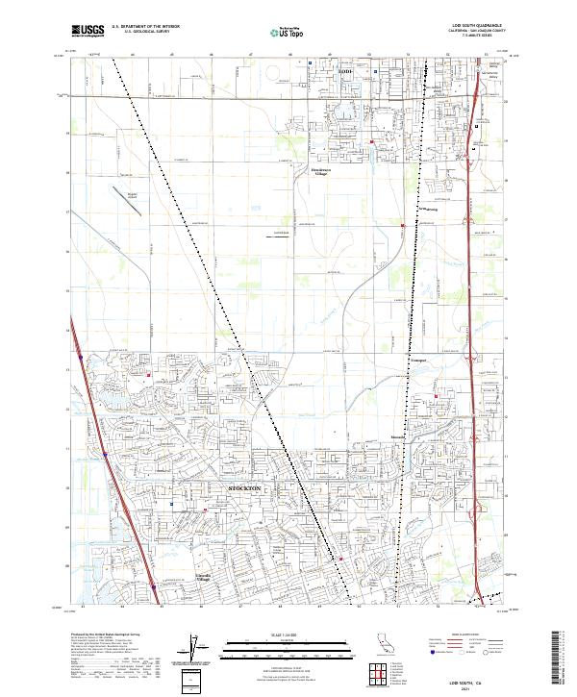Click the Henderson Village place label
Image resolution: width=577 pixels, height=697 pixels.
(x=319, y=171)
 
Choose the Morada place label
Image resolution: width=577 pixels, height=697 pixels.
(x=398, y=438)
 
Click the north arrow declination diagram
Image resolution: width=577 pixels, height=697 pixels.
(x=192, y=648)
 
